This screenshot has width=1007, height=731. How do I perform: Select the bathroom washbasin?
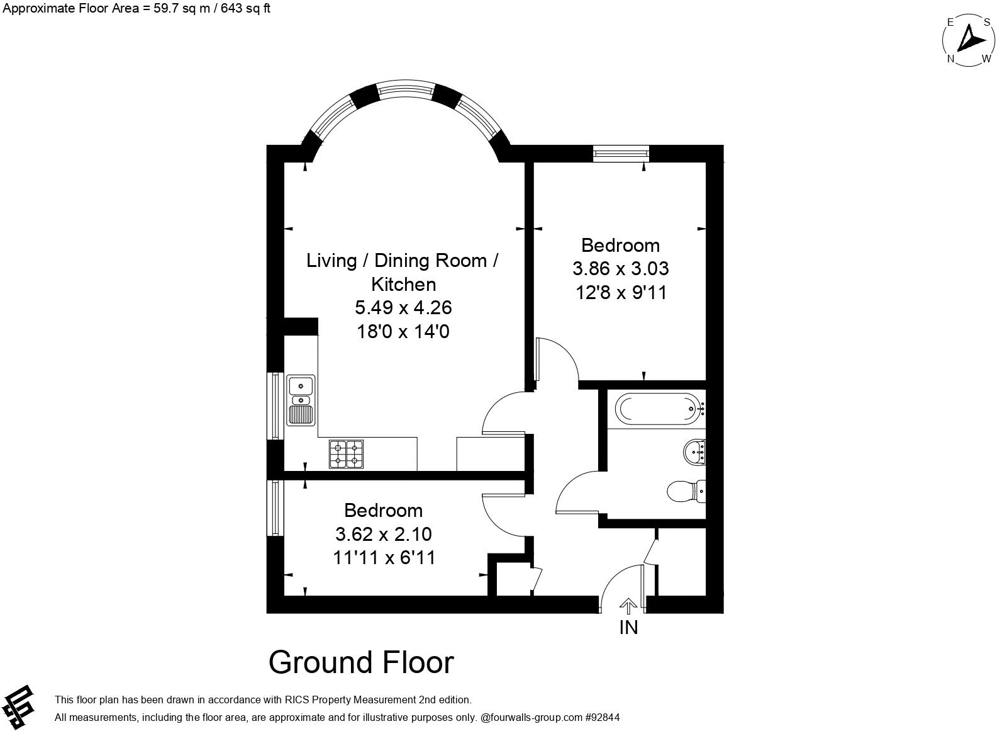pos(694,452)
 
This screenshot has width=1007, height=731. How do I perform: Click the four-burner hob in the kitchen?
pos(346,454)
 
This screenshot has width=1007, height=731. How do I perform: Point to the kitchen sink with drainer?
pos(301,400)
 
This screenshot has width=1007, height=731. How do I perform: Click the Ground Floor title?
pos(361,662)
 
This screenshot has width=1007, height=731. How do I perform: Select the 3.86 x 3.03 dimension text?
pos(620,269)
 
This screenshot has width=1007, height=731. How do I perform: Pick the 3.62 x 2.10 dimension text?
pos(384,535)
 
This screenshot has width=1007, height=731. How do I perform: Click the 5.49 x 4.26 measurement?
pos(403,308)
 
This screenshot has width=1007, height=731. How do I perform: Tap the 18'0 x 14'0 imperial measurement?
pos(403,332)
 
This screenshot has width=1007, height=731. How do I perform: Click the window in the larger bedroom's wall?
pos(621,154)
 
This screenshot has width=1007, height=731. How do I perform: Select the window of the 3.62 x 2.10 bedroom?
pos(275,508)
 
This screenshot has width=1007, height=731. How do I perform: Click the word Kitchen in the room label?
pos(403,285)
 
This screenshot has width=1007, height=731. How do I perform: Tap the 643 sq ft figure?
pos(245,9)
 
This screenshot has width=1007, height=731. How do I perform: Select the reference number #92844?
pos(603,717)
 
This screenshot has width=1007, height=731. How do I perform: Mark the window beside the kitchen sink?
pos(275,406)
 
